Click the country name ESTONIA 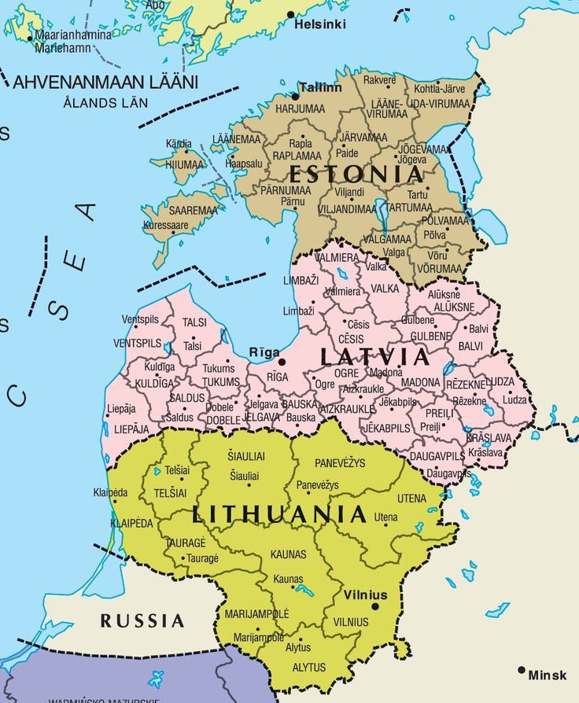coord(356,174)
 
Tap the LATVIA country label coord(376,357)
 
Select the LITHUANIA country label coord(279,514)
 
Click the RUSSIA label coord(142,621)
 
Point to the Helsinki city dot coord(290,14)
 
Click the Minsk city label coord(548,675)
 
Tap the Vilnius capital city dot coord(375,606)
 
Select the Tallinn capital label coord(321,87)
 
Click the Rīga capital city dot coord(282,361)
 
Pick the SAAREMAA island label coord(193,211)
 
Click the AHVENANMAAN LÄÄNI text coord(105,82)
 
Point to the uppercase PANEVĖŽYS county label coord(340,463)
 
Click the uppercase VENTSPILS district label coord(137,344)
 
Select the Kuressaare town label coord(165,225)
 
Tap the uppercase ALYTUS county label coord(309,667)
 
